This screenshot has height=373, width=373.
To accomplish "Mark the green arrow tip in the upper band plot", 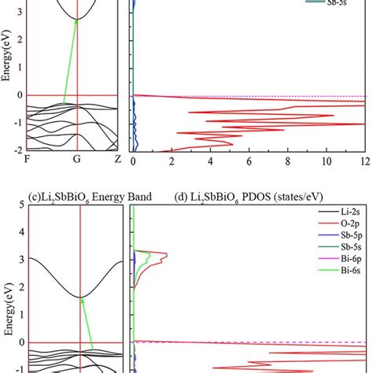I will [76, 20].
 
